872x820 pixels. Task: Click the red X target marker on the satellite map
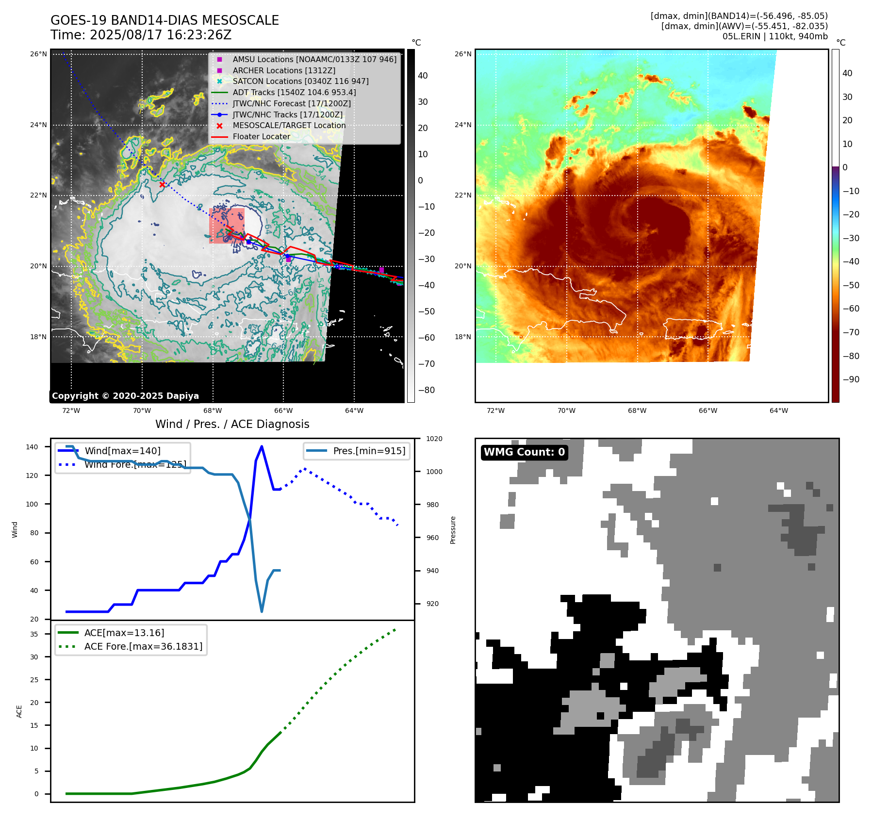162,184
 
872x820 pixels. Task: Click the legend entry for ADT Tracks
294,92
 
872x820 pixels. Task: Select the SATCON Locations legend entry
300,81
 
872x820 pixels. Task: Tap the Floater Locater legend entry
261,136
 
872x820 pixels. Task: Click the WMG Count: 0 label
524,452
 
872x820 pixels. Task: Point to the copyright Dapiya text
125,395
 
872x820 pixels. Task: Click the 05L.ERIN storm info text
775,36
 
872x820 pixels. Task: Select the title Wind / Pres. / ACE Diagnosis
232,424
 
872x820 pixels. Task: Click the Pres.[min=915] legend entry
369,451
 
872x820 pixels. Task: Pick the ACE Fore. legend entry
143,646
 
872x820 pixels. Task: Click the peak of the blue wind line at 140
262,446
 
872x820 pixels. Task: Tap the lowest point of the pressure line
262,611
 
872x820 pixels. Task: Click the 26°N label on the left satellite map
38,54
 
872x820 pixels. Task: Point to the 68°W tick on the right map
637,410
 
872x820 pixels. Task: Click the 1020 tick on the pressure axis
434,439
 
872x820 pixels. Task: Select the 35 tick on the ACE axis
34,634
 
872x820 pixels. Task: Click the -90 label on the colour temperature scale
851,379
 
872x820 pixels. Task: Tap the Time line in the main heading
141,35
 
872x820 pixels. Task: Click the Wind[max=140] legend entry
122,451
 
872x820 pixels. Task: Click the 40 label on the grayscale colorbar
423,75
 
